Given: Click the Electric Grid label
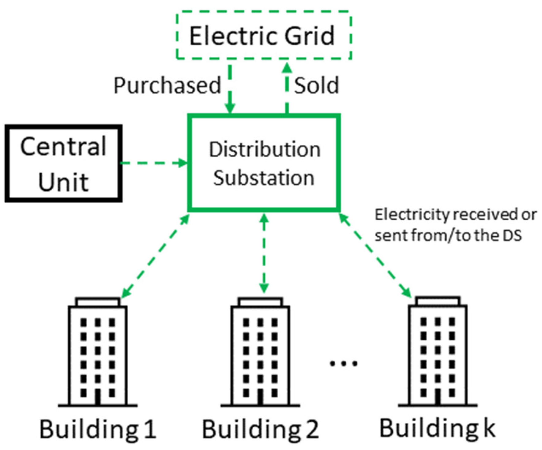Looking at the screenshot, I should coord(262,36).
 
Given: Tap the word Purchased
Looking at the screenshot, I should coord(167,85).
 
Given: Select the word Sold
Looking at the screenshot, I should coord(316,85).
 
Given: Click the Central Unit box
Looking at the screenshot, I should coord(63,163).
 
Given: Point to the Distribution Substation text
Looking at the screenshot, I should coord(264,163).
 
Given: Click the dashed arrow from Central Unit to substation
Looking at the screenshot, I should coord(153,163).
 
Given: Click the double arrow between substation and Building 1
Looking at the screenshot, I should coord(156,256).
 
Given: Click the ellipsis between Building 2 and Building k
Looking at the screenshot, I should coord(343,363).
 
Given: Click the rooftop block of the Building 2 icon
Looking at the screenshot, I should coord(260,302).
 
